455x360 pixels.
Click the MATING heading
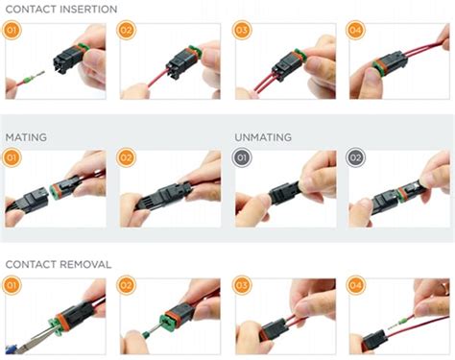tap(26, 137)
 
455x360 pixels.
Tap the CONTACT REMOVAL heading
tap(58, 263)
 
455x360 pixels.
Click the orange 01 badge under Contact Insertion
tap(12, 31)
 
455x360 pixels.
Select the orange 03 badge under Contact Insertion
tap(242, 31)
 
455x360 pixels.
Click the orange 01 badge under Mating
tap(12, 157)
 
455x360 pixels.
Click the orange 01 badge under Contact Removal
tap(12, 285)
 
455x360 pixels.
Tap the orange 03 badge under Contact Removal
tap(242, 285)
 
